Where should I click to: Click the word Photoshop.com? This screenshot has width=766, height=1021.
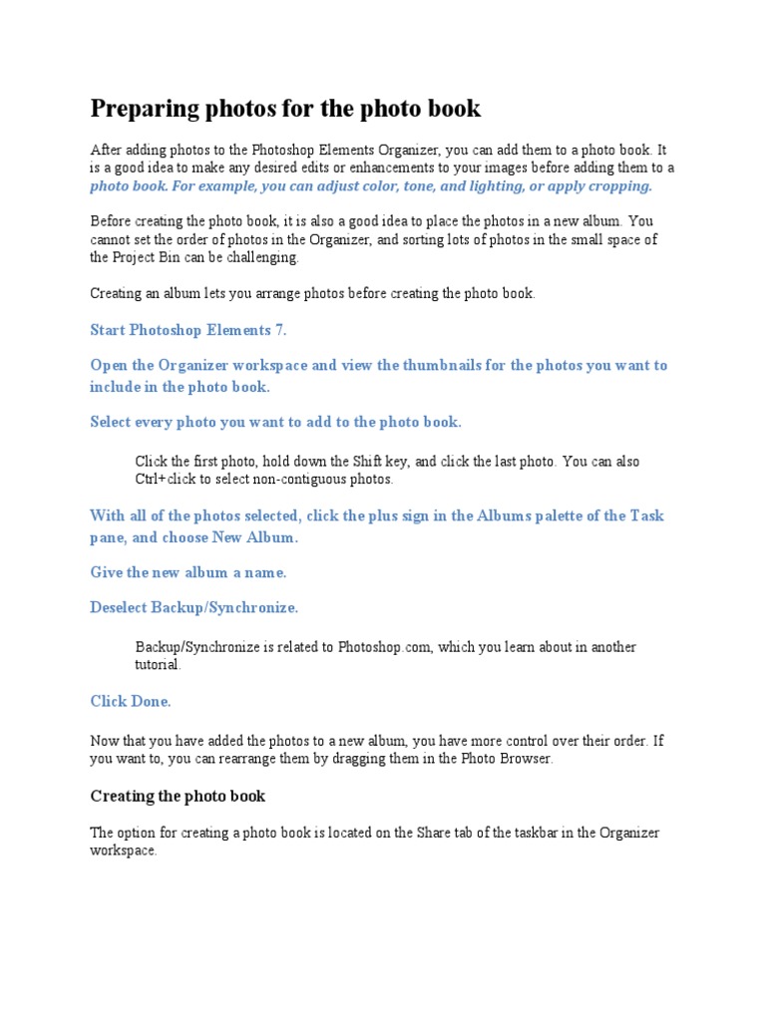click(x=385, y=647)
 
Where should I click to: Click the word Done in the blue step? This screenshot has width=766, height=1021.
click(x=152, y=701)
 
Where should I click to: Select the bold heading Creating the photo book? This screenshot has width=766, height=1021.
click(x=178, y=796)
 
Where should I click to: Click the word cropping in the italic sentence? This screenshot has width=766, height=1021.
click(x=619, y=185)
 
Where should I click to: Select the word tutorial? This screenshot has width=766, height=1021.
click(x=157, y=665)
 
